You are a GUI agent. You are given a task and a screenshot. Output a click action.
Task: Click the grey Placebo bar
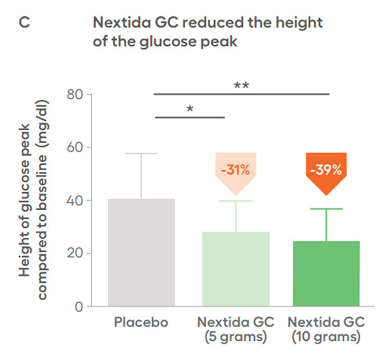click(x=141, y=252)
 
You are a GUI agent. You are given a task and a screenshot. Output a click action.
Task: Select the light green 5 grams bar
click(x=235, y=269)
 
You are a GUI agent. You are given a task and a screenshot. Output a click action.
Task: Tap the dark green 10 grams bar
click(x=326, y=274)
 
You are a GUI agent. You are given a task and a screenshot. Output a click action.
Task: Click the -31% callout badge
click(x=235, y=170)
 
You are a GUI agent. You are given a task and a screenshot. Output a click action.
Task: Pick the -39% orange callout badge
click(x=326, y=170)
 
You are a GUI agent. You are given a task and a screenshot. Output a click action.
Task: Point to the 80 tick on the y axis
click(x=76, y=95)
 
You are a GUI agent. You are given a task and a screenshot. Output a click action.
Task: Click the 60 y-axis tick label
click(x=76, y=147)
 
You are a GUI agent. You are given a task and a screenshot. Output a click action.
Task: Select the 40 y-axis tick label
click(x=76, y=200)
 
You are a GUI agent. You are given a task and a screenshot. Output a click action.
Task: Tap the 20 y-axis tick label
click(x=76, y=253)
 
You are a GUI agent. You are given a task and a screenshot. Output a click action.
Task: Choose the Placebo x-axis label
click(x=141, y=323)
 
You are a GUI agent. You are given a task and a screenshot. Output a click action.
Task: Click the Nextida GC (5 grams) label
click(x=235, y=329)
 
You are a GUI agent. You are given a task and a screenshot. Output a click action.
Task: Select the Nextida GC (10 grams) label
click(x=326, y=329)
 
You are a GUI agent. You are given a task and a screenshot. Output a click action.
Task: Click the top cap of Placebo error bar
click(x=141, y=153)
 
